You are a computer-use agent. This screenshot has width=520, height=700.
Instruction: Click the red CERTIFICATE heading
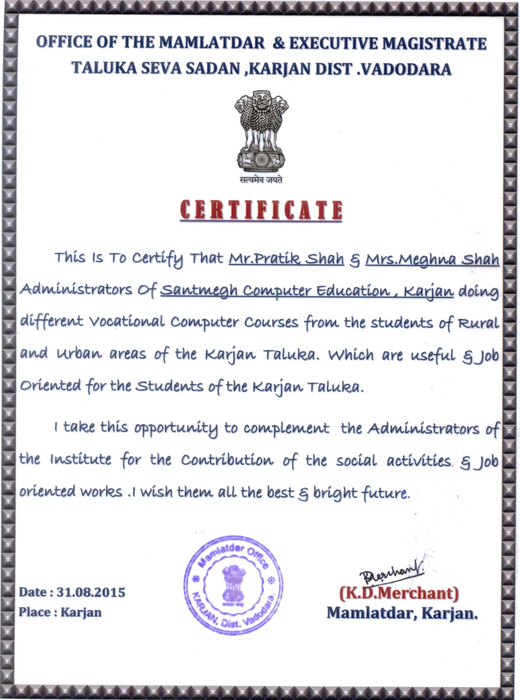(x=261, y=210)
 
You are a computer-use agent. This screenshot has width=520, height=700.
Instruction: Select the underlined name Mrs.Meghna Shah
(x=432, y=260)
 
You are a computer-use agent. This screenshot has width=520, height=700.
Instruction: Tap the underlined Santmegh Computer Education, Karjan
(x=307, y=291)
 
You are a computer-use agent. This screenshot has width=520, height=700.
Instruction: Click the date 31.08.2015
(x=91, y=592)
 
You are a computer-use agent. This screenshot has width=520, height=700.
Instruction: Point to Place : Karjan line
(x=60, y=612)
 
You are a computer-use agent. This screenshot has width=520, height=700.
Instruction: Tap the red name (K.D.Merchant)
(x=399, y=593)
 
